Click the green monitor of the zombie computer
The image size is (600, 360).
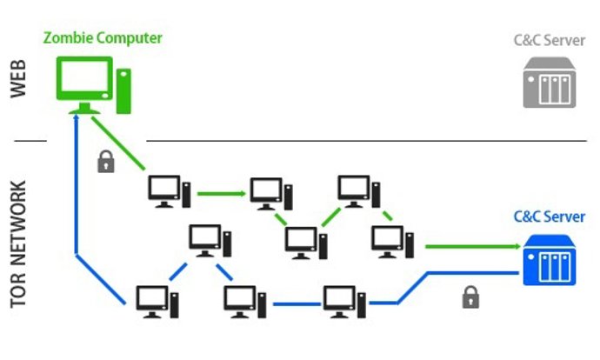84,81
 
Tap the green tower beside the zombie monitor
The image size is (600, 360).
123,90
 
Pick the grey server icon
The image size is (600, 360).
549,83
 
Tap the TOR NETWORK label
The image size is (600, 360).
23,243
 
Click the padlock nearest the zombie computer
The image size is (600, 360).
106,161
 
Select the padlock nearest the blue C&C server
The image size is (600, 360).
470,298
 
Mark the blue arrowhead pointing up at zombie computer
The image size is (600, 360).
78,119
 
